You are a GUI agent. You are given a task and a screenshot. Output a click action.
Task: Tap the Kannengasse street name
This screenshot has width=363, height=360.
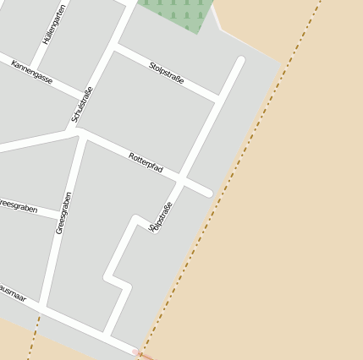[x=32, y=73]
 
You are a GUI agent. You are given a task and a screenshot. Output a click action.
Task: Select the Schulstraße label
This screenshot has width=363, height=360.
[x=82, y=105]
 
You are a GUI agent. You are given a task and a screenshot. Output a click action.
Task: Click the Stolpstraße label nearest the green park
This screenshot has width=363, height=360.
[x=166, y=73]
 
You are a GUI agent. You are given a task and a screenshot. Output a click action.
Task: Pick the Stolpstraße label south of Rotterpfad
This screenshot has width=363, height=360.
[x=160, y=216]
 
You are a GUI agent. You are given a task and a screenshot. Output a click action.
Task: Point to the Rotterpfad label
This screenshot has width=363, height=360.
[x=146, y=163]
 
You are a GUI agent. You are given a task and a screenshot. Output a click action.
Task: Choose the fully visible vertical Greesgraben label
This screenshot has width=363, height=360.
[x=63, y=212]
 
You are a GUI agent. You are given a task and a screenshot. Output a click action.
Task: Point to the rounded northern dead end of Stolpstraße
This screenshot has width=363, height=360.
[x=240, y=61]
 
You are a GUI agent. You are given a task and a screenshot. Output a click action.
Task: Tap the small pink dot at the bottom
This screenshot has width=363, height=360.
[x=134, y=351]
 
